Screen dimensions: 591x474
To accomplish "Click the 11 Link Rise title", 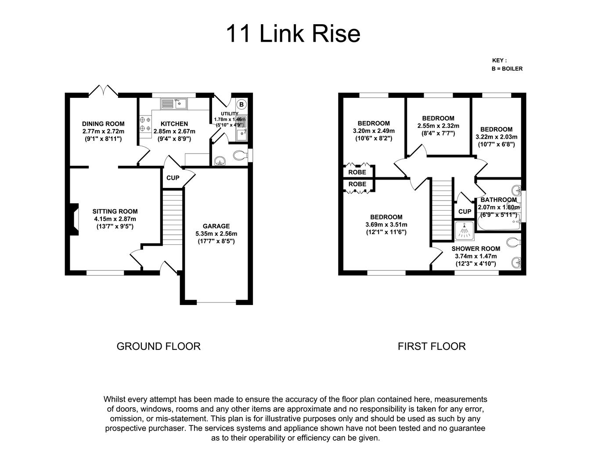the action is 293,34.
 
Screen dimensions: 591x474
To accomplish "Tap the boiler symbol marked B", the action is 241,104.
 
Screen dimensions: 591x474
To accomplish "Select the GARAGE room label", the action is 216,226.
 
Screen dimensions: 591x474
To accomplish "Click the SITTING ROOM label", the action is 115,211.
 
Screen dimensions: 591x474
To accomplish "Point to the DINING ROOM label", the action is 103,124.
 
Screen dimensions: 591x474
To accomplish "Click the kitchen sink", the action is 174,104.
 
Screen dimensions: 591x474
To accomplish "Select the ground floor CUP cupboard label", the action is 173,178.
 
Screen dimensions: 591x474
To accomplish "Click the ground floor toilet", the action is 239,155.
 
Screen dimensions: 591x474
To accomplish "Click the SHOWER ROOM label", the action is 476,248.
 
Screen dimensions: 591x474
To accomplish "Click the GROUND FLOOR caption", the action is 159,346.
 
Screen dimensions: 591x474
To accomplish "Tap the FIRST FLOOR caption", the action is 432,346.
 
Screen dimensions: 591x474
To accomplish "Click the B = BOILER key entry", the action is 507,68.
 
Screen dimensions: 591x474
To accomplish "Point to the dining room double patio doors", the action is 103,90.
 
